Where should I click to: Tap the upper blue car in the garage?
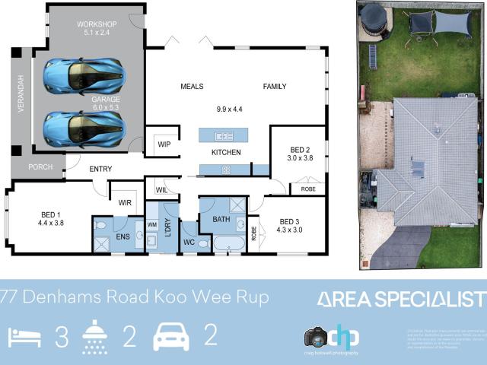tap(84, 75)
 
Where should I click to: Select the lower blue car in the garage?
tap(84, 129)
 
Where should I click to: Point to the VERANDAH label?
tap(21, 96)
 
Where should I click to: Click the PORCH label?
tap(40, 167)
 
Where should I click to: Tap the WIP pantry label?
tap(164, 144)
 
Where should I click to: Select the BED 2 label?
tap(299, 150)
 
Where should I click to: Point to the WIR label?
tap(126, 202)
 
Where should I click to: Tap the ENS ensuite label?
tap(123, 237)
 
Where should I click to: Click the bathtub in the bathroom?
tap(228, 243)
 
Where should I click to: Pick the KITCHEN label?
tap(226, 153)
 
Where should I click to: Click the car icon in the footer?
tap(171, 336)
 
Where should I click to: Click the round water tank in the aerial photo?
tap(372, 18)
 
